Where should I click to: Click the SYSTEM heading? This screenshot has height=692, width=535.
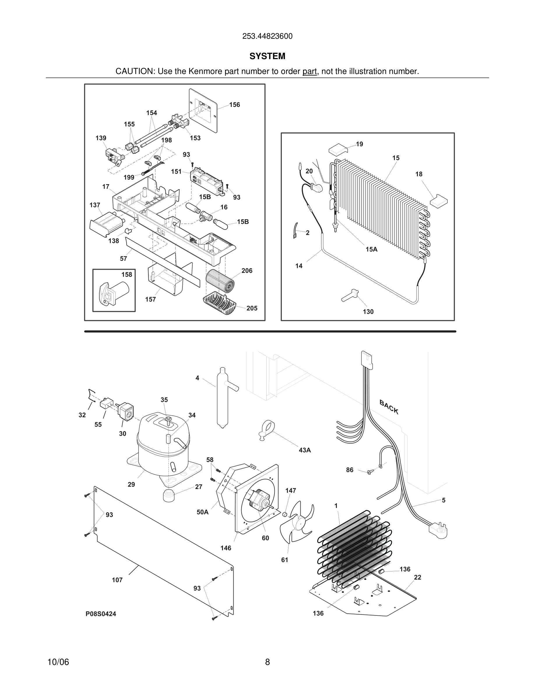(267, 56)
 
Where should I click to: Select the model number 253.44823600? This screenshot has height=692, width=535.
(267, 36)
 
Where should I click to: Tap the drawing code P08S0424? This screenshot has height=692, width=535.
(101, 614)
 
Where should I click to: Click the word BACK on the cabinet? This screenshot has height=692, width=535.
(389, 407)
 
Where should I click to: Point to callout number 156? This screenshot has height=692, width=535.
(235, 105)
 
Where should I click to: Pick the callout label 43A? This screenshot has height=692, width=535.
(305, 450)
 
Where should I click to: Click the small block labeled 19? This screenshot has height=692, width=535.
(338, 149)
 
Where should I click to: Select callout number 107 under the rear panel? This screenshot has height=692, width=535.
(117, 580)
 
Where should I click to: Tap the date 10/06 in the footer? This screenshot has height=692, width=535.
(58, 662)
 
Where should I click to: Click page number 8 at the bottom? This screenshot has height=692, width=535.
(267, 662)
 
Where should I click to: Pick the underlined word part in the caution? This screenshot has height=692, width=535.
(309, 72)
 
